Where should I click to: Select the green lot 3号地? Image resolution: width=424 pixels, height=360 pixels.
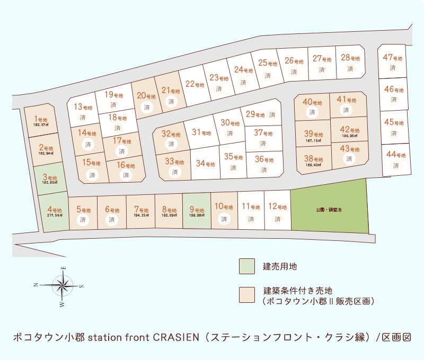pyautogui.click(x=49, y=178)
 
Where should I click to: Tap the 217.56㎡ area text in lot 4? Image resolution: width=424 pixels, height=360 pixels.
pyautogui.click(x=55, y=215)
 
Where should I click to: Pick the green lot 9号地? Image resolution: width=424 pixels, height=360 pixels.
pyautogui.click(x=196, y=211)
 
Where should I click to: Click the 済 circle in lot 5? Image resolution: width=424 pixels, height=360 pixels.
pyautogui.click(x=83, y=219)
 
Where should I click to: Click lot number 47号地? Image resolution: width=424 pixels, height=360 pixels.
pyautogui.click(x=393, y=57)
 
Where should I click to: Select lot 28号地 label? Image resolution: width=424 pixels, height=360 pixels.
pyautogui.click(x=350, y=58)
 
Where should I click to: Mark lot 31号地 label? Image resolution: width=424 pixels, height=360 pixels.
pyautogui.click(x=200, y=132)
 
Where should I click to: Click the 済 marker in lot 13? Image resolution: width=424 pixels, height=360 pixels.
pyautogui.click(x=82, y=118)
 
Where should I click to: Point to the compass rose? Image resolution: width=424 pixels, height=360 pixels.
pyautogui.click(x=63, y=286)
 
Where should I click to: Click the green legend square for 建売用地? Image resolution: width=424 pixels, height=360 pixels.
pyautogui.click(x=246, y=266)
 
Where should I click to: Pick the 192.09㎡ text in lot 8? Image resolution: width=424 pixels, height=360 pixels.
pyautogui.click(x=169, y=215)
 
